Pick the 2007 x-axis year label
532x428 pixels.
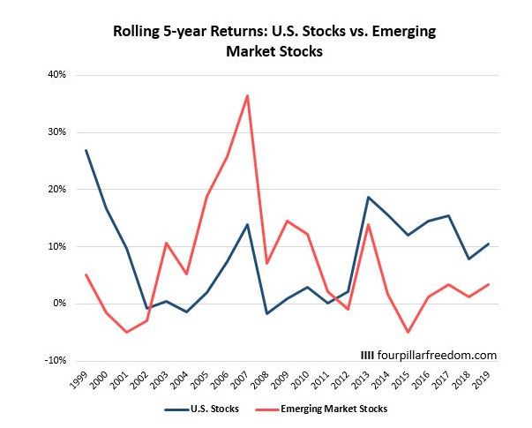click(244, 377)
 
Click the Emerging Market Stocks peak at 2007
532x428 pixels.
click(247, 95)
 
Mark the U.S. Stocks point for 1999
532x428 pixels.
click(86, 150)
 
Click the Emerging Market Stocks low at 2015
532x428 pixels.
click(408, 332)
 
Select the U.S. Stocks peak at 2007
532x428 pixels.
click(247, 224)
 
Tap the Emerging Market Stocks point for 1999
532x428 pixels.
click(86, 274)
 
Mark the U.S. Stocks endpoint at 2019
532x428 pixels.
click(488, 244)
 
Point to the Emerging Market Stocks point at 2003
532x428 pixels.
click(167, 243)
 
